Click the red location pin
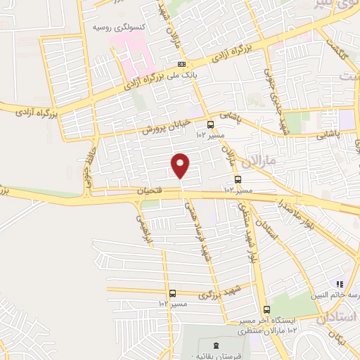point(181,165)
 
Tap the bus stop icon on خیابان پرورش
point(209,126)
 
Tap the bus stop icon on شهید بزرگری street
point(172,294)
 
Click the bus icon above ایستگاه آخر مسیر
point(266,309)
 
